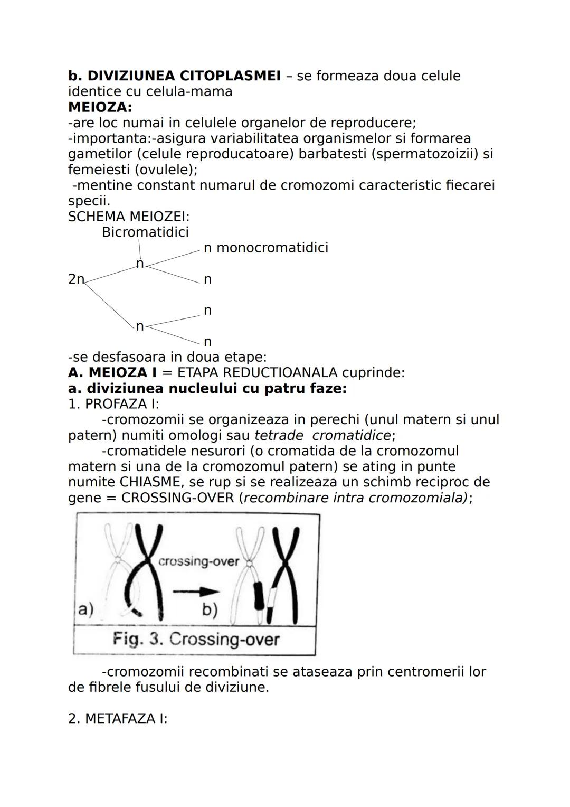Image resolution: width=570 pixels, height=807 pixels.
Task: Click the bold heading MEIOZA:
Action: tap(100, 107)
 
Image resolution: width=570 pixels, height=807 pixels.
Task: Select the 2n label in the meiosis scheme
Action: tap(76, 279)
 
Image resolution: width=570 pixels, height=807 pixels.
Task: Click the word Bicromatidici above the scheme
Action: tap(145, 232)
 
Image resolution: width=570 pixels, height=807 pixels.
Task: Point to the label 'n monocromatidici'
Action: tap(266, 248)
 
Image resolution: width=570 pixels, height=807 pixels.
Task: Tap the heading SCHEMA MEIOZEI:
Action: tap(129, 217)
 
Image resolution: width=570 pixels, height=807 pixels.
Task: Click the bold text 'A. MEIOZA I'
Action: tap(112, 372)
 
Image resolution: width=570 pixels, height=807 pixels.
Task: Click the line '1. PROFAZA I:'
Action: tap(113, 404)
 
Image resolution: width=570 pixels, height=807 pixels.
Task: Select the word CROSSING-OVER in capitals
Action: tap(177, 498)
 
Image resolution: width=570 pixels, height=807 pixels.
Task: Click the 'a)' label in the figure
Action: tap(85, 609)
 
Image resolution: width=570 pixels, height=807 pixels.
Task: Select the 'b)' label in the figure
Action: tap(210, 609)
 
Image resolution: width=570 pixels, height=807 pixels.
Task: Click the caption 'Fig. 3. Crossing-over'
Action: tap(196, 640)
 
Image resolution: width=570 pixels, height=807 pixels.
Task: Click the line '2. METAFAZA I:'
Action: tap(118, 719)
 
